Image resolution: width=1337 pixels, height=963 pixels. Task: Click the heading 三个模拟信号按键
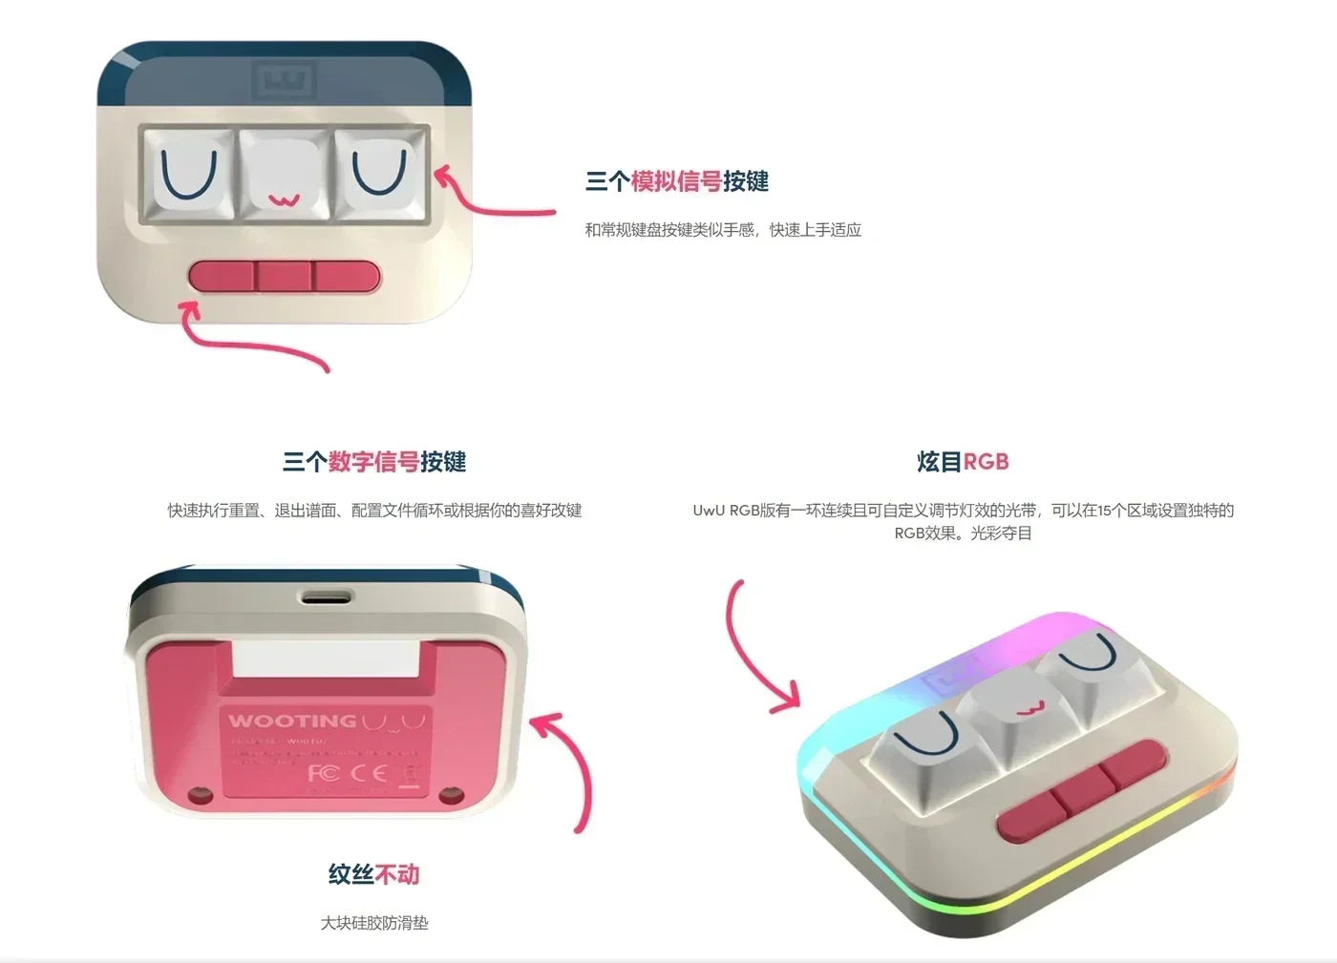(x=676, y=181)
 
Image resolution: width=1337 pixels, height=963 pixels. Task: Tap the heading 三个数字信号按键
(x=374, y=462)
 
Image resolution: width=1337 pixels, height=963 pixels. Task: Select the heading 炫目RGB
(x=963, y=462)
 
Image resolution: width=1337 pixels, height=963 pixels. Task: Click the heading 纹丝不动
(x=373, y=874)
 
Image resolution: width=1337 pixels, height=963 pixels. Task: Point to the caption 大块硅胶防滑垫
(x=374, y=923)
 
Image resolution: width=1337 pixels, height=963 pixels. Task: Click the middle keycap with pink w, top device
(x=284, y=176)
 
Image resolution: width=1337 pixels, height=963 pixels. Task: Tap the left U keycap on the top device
(x=188, y=175)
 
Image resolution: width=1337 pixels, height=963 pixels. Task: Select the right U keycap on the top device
(x=380, y=172)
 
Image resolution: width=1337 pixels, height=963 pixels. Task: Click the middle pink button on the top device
(x=284, y=277)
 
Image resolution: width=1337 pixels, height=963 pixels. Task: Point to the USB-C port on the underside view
(x=327, y=597)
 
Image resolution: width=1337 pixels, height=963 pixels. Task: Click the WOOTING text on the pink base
(x=292, y=722)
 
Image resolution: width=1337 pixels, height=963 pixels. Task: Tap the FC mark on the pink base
(x=323, y=772)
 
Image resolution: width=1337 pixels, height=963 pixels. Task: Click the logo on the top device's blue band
(x=284, y=79)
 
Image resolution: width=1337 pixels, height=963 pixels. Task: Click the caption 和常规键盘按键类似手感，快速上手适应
(x=723, y=230)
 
